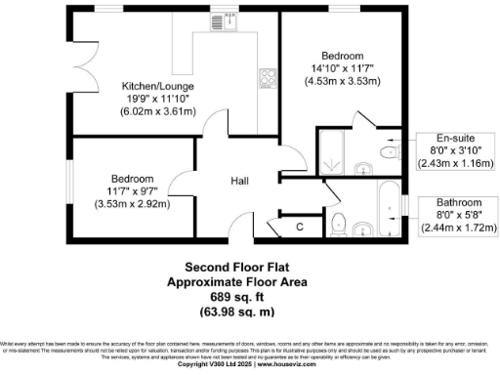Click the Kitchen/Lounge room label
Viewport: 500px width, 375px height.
coord(157,85)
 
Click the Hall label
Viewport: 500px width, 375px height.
coord(240,182)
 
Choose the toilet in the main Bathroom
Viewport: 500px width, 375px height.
coord(338,220)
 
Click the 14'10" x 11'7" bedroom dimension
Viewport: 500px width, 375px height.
coord(341,67)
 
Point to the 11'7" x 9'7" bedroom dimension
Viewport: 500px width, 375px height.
coord(132,192)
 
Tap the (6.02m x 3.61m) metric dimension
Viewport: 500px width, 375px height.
coord(157,112)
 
